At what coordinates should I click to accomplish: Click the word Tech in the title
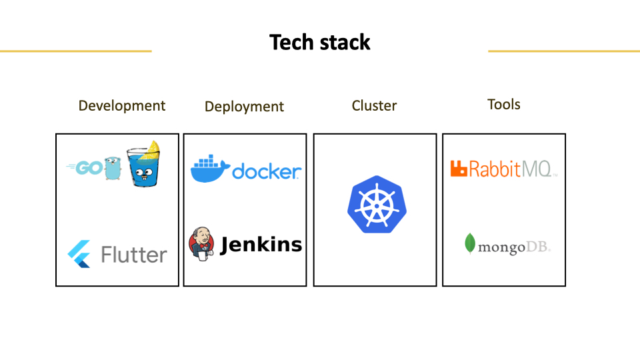[291, 43]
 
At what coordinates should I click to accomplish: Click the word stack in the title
[345, 43]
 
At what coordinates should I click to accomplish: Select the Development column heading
[121, 106]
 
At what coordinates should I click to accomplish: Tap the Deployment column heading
[244, 107]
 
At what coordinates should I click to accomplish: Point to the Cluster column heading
[374, 106]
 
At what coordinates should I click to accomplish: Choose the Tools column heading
[504, 105]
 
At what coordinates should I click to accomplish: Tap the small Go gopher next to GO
[113, 168]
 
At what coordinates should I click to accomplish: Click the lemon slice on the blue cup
[150, 150]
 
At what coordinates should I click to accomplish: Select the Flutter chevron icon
[79, 254]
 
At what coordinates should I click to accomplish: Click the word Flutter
[134, 255]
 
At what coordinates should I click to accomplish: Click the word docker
[267, 171]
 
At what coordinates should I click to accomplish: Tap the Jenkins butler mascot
[201, 244]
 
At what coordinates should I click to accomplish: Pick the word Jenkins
[261, 245]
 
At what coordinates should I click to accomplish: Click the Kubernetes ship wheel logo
[377, 205]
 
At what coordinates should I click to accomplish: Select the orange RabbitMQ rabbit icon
[459, 169]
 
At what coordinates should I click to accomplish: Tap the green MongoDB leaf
[470, 244]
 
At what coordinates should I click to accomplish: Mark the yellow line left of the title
[76, 51]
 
